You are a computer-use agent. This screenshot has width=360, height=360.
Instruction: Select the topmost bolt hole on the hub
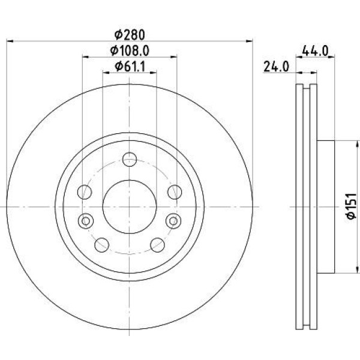click(x=130, y=159)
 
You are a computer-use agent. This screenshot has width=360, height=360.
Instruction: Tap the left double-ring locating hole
click(x=86, y=221)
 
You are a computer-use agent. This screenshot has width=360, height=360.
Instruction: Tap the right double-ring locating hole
click(x=173, y=221)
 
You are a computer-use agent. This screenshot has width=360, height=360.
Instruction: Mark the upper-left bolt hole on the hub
click(x=86, y=192)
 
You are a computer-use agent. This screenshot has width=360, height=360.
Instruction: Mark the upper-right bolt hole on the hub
click(x=174, y=192)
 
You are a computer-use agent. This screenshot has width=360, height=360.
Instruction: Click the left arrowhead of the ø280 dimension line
click(x=9, y=41)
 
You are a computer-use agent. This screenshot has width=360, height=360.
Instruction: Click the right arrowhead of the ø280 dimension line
click(x=250, y=41)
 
